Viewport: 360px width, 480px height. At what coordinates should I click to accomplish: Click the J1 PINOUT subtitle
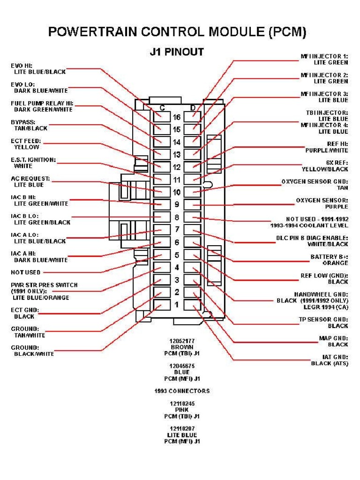[177, 52]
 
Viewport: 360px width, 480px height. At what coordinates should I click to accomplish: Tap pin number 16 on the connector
[177, 117]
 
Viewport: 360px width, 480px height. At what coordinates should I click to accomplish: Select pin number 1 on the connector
[177, 305]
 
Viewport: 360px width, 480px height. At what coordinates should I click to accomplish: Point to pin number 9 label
[177, 204]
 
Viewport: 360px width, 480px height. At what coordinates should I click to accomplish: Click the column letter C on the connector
[162, 108]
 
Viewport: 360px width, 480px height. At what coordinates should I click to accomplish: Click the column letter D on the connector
[193, 108]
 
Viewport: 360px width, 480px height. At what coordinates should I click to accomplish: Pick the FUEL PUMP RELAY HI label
[42, 103]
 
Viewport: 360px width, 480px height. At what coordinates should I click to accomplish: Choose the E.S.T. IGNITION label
[33, 160]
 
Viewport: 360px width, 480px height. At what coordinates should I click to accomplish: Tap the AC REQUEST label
[30, 179]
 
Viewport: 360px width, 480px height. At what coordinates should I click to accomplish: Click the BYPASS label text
[23, 122]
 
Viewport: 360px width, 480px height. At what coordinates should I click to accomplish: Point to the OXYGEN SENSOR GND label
[315, 181]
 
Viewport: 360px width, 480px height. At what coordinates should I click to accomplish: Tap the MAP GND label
[333, 338]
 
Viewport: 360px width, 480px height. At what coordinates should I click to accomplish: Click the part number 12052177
[182, 341]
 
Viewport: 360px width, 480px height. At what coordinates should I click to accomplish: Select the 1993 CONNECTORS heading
[182, 391]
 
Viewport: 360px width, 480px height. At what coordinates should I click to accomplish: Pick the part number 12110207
[182, 428]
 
